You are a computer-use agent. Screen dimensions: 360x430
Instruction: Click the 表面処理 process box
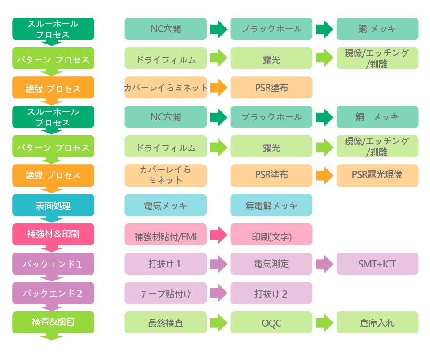pyautogui.click(x=53, y=205)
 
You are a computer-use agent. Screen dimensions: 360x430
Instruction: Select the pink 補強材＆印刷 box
pyautogui.click(x=53, y=234)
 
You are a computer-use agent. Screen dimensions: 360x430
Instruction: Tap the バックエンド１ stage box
pyautogui.click(x=53, y=264)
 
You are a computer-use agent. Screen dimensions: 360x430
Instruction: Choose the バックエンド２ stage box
pyautogui.click(x=53, y=293)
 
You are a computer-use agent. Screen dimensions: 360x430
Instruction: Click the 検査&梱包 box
pyautogui.click(x=53, y=322)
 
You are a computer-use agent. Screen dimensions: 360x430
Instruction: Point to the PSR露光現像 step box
pyautogui.click(x=377, y=175)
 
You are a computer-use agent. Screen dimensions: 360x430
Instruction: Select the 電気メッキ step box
pyautogui.click(x=165, y=205)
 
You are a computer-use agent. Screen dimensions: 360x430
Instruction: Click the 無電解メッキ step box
pyautogui.click(x=271, y=205)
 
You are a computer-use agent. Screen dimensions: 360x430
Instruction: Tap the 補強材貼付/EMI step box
pyautogui.click(x=165, y=235)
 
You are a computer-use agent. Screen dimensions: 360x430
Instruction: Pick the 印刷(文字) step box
pyautogui.click(x=271, y=235)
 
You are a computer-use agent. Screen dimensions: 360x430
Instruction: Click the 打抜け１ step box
pyautogui.click(x=165, y=264)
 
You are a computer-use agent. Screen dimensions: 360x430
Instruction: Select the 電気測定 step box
pyautogui.click(x=271, y=264)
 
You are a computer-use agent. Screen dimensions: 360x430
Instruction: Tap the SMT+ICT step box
pyautogui.click(x=377, y=264)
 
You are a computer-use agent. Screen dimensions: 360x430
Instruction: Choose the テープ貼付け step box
pyautogui.click(x=165, y=293)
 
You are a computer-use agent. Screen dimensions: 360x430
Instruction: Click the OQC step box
pyautogui.click(x=271, y=322)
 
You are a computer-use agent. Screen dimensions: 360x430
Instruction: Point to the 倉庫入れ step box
pyautogui.click(x=377, y=322)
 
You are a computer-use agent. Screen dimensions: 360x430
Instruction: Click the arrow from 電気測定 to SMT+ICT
pyautogui.click(x=324, y=264)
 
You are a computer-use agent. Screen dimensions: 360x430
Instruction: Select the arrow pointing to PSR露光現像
pyautogui.click(x=324, y=175)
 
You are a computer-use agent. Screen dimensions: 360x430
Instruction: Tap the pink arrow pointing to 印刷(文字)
pyautogui.click(x=218, y=235)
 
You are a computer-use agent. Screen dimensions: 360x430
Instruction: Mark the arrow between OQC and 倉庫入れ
pyautogui.click(x=324, y=322)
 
